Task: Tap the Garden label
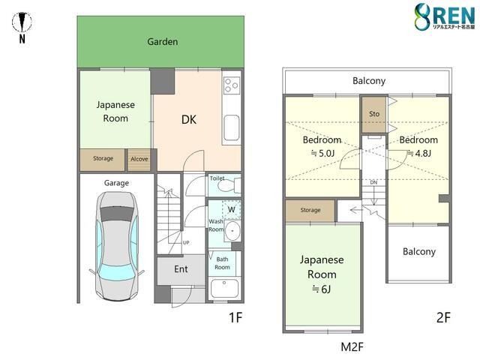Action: (x=163, y=42)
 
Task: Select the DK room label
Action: (x=189, y=120)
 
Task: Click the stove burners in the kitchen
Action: (x=231, y=85)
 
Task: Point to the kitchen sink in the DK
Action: (x=231, y=127)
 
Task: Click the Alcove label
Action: (x=139, y=159)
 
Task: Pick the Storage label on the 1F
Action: (x=103, y=158)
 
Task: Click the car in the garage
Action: (x=117, y=246)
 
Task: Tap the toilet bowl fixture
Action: (x=228, y=185)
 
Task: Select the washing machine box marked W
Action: (x=232, y=210)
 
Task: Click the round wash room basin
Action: (x=233, y=230)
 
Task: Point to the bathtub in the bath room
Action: (x=224, y=288)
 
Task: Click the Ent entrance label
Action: (x=181, y=269)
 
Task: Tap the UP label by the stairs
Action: (x=186, y=243)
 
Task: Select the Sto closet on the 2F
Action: (x=374, y=114)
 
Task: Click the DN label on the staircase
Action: (x=373, y=182)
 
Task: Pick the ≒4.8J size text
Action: (x=420, y=153)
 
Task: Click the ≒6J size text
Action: (x=322, y=289)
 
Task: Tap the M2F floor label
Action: (x=352, y=346)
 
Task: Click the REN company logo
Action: (x=445, y=16)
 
